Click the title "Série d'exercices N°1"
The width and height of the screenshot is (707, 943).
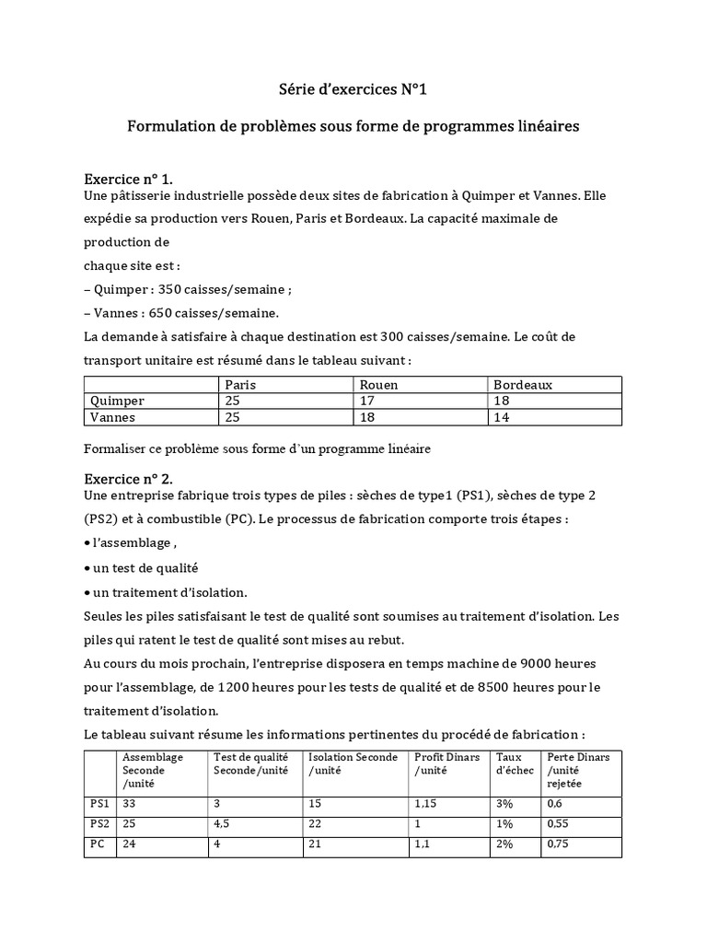353,89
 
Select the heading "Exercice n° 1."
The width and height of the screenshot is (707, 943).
128,178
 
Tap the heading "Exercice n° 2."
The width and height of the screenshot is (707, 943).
128,479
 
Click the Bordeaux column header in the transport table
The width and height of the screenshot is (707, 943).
523,385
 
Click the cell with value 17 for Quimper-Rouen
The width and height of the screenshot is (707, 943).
366,401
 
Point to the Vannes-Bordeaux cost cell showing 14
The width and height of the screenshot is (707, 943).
502,416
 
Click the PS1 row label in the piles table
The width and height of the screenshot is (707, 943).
99,804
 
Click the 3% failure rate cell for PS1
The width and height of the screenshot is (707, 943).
504,804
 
